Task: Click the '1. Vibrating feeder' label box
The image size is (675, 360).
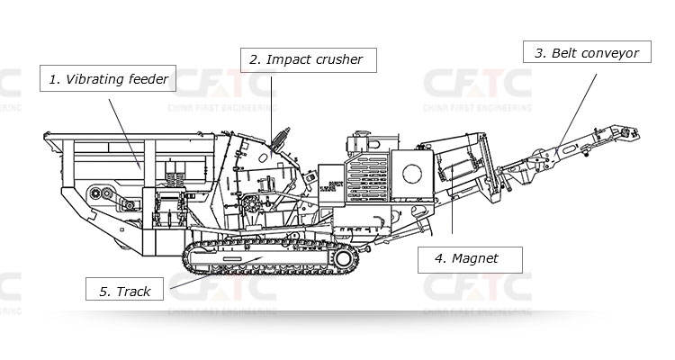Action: (107, 79)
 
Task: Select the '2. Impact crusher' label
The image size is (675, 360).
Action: (306, 59)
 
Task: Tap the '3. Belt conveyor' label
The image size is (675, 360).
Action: (586, 53)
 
